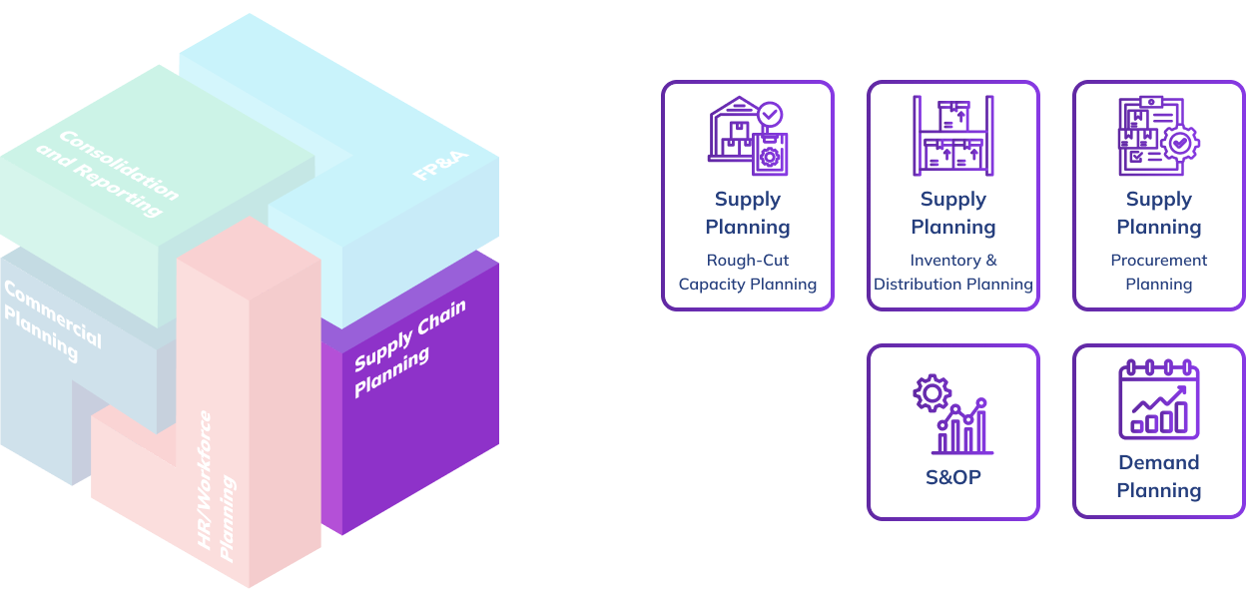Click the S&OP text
pos(952,477)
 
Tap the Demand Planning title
pos(1158,476)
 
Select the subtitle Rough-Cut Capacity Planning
pos(748,273)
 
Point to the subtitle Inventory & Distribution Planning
pos(952,273)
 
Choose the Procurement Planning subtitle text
pos(1158,273)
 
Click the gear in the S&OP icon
pos(931,392)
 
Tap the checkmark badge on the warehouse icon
pos(770,114)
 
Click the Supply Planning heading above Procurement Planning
pos(1158,214)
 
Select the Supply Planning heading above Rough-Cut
pos(748,214)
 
